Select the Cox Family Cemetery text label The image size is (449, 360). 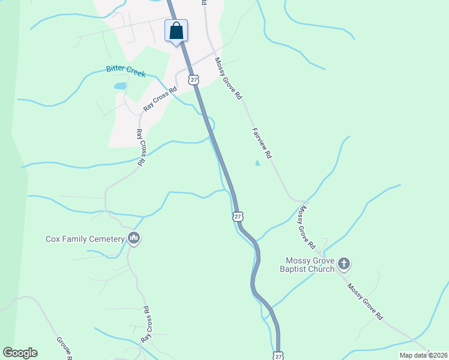click(x=85, y=239)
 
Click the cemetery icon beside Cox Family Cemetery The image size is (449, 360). click(x=134, y=239)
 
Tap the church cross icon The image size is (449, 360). click(x=344, y=263)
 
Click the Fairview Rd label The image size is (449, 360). click(x=262, y=142)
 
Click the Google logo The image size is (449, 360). click(x=20, y=353)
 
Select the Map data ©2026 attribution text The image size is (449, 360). click(x=423, y=355)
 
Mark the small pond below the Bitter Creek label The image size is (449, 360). click(x=120, y=86)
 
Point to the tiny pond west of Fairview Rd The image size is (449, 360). click(x=258, y=163)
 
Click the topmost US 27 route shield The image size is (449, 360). click(x=193, y=79)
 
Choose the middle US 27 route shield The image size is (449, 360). click(x=238, y=216)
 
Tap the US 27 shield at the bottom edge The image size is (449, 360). click(x=277, y=356)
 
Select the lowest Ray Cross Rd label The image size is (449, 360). click(x=145, y=324)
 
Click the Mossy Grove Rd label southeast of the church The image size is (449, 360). click(x=364, y=301)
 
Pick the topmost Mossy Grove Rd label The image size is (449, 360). click(x=229, y=78)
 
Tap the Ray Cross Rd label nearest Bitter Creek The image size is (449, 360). click(x=161, y=99)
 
